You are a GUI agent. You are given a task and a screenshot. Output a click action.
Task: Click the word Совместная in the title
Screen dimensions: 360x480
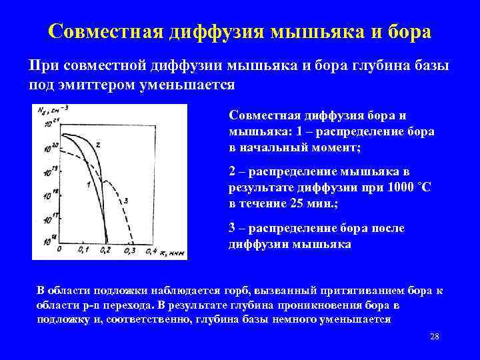point(108,31)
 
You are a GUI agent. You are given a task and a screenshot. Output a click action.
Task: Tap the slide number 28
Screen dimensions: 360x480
point(435,336)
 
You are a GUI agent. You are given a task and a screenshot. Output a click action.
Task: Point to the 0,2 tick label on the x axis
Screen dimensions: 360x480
point(105,251)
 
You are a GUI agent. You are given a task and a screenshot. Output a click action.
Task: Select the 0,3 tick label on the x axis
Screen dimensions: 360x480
point(129,251)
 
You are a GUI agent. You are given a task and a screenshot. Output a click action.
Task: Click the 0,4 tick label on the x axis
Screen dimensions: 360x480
point(153,251)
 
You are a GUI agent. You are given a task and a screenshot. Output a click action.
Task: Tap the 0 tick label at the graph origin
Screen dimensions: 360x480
point(59,250)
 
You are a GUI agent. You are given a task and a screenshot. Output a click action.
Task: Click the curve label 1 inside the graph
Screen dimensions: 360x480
point(89,185)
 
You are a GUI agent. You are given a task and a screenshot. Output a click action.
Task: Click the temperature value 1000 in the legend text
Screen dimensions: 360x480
point(397,188)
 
